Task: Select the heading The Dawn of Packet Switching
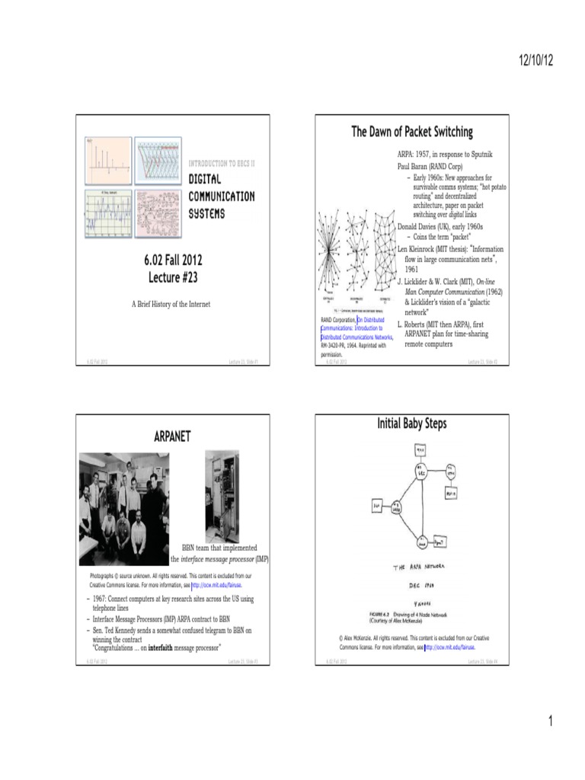(411, 132)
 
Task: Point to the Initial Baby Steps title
(411, 423)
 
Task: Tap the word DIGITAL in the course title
(205, 180)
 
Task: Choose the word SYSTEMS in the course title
(207, 213)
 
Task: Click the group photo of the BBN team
(124, 498)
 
